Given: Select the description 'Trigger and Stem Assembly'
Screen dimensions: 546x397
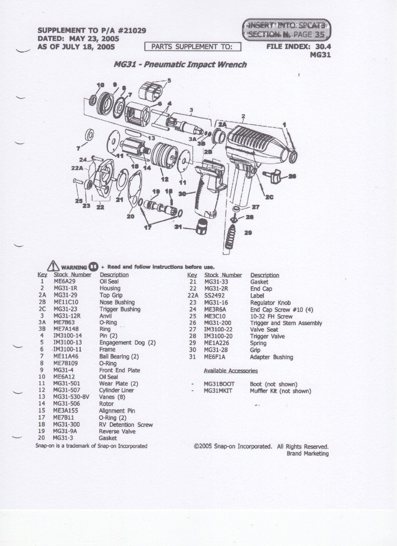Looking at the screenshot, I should (x=286, y=323).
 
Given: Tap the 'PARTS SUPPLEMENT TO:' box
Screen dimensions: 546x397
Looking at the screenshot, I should (x=193, y=47).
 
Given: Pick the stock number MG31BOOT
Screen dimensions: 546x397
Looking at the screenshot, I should (x=219, y=384).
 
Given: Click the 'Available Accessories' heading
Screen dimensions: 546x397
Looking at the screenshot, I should (x=231, y=371).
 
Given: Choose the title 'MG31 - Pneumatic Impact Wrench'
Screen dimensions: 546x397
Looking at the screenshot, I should (x=180, y=64).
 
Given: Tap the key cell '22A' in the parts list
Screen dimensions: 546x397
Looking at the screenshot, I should (x=193, y=296).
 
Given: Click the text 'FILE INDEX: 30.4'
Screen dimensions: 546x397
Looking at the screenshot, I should (x=298, y=47).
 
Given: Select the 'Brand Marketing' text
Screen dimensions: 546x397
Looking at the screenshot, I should (x=307, y=454).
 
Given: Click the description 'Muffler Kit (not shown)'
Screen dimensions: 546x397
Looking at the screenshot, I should (x=280, y=391).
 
